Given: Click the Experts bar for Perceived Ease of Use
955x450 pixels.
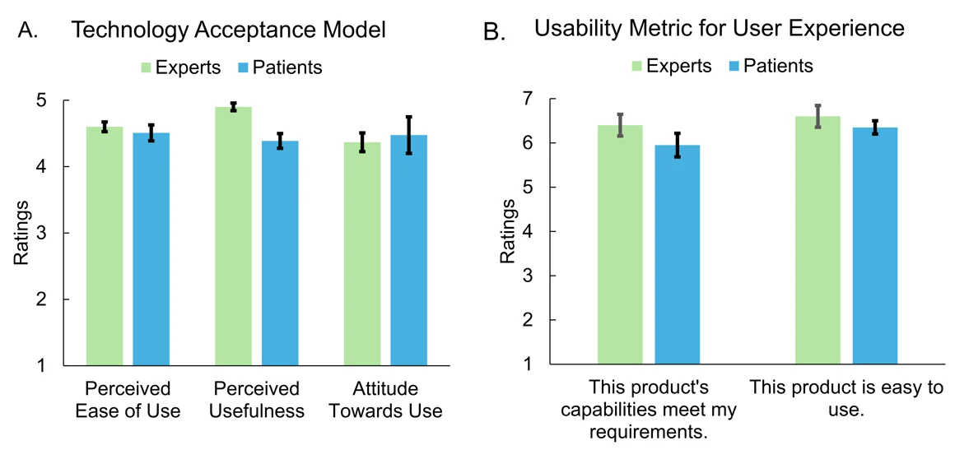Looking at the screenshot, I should [105, 246].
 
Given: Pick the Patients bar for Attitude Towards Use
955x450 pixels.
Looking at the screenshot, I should [408, 250].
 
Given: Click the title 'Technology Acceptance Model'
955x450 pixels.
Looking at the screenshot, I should [228, 31].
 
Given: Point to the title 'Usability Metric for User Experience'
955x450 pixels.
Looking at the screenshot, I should [719, 28].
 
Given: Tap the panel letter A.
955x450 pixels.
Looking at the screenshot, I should [27, 32].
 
